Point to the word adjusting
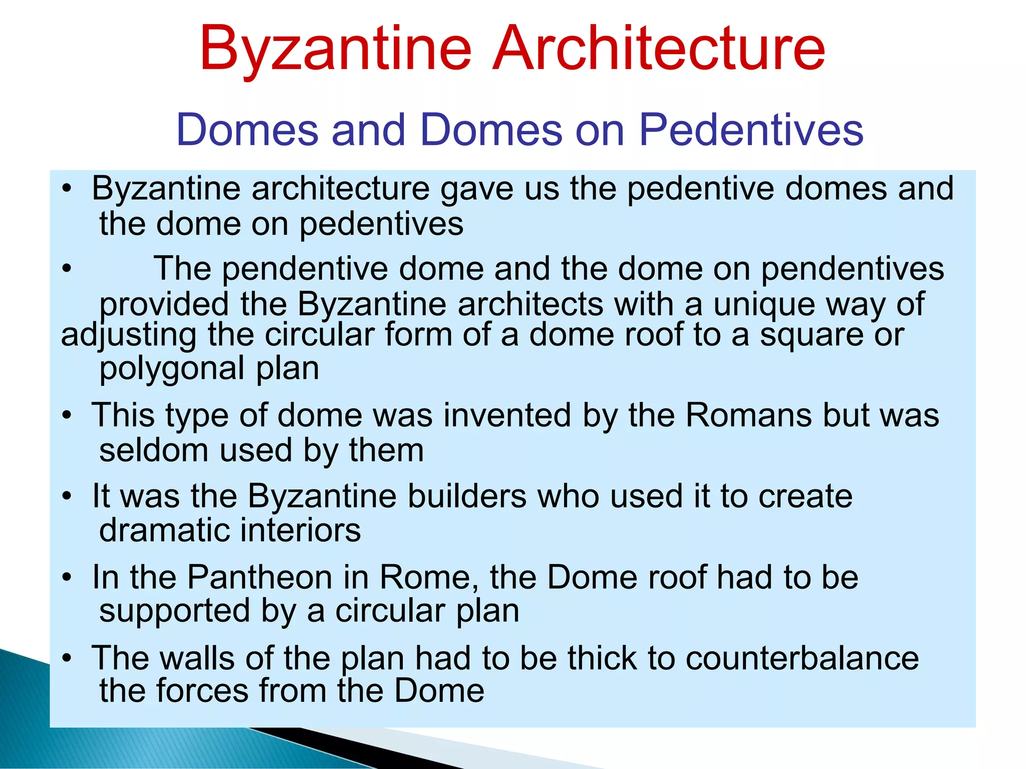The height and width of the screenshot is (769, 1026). pyautogui.click(x=129, y=336)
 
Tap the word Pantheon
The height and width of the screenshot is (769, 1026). pyautogui.click(x=260, y=577)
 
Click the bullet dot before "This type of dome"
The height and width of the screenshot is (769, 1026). pyautogui.click(x=67, y=416)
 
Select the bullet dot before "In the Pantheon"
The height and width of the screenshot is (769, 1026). pyautogui.click(x=67, y=578)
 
